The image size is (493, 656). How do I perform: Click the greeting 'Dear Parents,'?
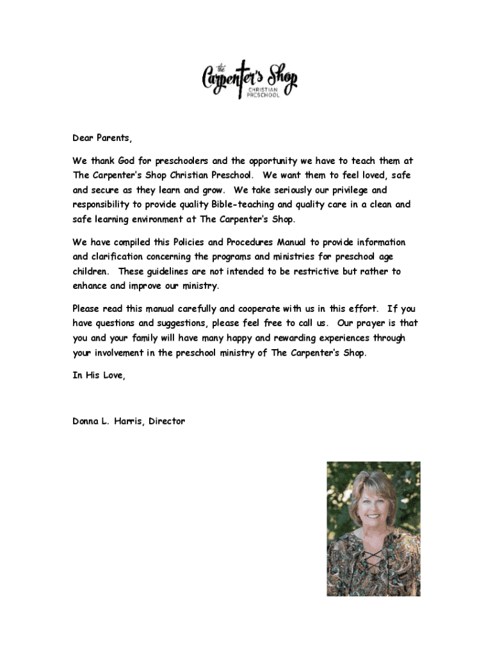point(102,138)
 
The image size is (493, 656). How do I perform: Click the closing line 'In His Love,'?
point(99,376)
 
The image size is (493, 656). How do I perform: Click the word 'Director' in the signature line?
point(167,422)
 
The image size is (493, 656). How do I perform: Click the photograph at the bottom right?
point(373,529)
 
